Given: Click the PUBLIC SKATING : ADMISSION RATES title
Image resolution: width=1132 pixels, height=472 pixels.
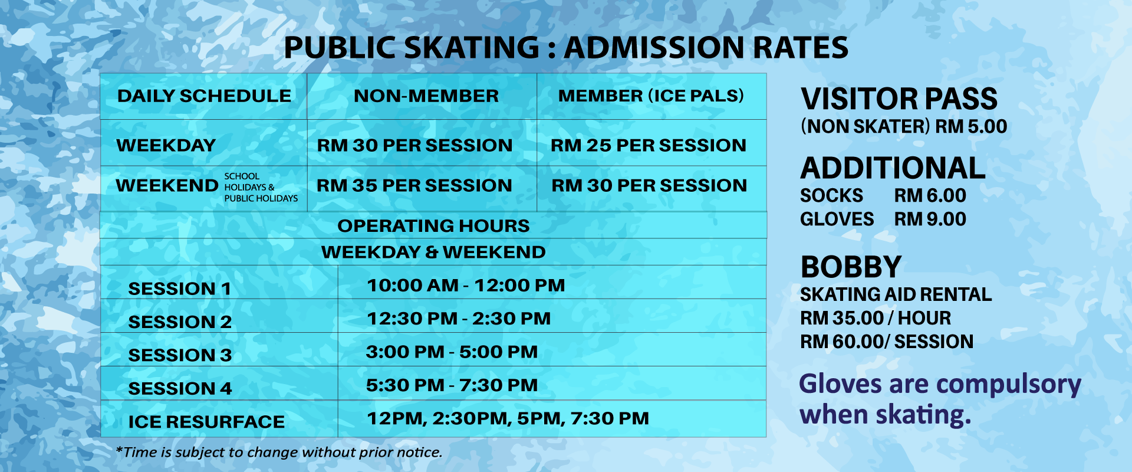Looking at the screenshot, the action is (x=566, y=48).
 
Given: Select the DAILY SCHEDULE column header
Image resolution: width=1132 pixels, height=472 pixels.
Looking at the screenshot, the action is (x=204, y=96).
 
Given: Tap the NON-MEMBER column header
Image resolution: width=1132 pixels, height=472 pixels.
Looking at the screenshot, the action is (x=426, y=96).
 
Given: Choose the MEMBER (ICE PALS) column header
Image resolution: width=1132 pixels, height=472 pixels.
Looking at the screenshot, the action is (x=651, y=96).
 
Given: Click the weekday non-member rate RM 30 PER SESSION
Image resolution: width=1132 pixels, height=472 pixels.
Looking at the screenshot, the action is (x=414, y=145).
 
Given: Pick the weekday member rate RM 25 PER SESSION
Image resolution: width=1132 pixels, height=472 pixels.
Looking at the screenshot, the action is (x=649, y=145).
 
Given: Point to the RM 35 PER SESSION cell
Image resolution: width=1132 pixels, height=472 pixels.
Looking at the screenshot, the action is (x=414, y=185).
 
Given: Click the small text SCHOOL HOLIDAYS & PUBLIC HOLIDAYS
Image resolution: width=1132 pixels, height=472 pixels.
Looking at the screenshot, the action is (x=261, y=187).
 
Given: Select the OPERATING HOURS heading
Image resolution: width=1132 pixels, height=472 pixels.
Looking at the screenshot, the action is (x=433, y=225).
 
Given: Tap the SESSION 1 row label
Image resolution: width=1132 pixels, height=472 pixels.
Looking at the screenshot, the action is (x=179, y=289).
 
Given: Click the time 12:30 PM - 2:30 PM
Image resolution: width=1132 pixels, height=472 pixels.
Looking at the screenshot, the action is (x=459, y=319).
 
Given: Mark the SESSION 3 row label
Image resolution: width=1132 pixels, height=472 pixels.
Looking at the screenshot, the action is (x=180, y=355).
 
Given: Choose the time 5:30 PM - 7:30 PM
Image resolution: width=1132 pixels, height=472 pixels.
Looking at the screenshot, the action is (x=452, y=385).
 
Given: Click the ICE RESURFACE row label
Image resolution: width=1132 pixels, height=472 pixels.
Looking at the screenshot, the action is (x=206, y=422).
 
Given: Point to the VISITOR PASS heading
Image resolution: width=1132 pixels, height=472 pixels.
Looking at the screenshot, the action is (x=899, y=99).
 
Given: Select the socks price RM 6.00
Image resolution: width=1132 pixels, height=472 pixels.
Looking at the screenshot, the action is (x=930, y=195).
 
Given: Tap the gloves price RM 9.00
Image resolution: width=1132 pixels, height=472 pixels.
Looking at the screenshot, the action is (x=930, y=219).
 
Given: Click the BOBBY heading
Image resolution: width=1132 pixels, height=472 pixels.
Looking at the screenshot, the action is (x=851, y=267).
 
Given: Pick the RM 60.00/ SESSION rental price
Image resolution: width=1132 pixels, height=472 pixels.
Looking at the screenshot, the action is (x=887, y=342).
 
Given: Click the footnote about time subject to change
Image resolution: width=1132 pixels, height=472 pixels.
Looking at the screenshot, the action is (x=279, y=453).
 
